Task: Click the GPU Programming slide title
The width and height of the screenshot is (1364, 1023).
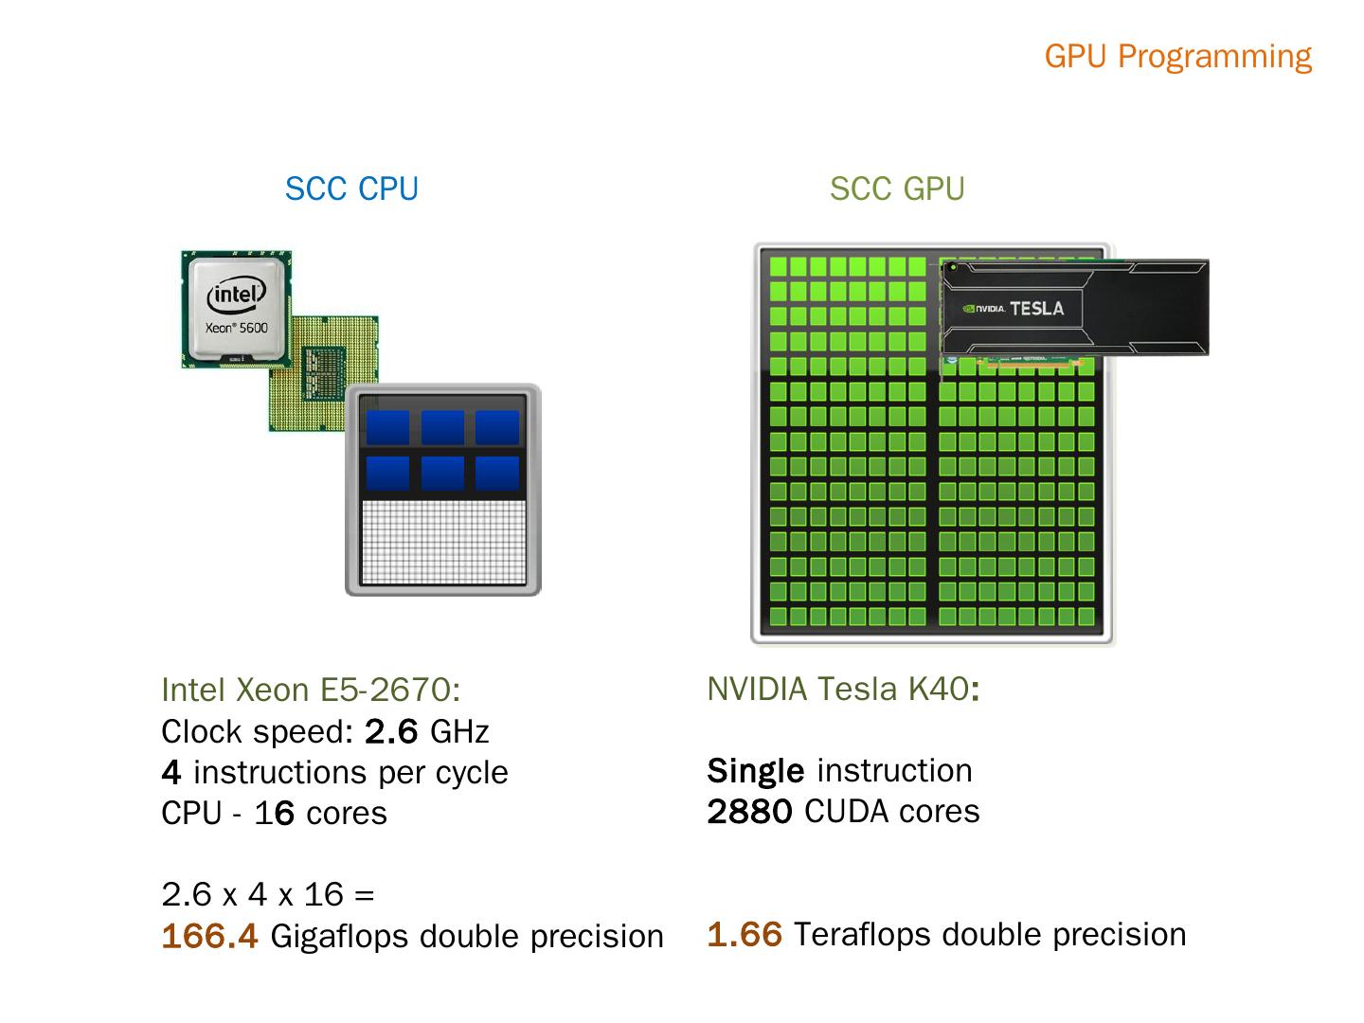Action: tap(1177, 57)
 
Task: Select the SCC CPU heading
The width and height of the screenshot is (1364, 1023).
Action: tap(351, 188)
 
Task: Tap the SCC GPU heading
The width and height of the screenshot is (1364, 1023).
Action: tap(897, 188)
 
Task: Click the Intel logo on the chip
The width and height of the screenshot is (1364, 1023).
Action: tap(236, 294)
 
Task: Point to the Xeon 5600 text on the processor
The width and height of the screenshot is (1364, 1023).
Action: tap(237, 328)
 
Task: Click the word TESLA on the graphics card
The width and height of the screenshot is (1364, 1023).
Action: tap(1036, 308)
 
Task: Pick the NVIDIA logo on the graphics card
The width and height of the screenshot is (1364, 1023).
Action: tap(983, 309)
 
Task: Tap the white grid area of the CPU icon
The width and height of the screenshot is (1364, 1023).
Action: tap(443, 542)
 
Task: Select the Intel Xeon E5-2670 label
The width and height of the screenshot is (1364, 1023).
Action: tap(311, 690)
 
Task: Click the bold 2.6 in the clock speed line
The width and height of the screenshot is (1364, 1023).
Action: tap(391, 731)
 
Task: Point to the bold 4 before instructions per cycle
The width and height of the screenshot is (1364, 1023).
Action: tap(170, 772)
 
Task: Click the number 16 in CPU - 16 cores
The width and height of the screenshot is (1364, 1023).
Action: tap(274, 813)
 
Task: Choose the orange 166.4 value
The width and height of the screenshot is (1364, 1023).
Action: tap(209, 936)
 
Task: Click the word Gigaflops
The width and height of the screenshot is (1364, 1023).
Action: tap(339, 937)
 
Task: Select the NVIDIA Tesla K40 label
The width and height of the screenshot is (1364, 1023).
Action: tap(843, 689)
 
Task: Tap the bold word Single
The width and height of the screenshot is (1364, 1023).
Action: tap(756, 771)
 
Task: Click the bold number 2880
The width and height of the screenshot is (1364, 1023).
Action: tap(749, 811)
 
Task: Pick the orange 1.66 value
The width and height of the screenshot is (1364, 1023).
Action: tap(745, 934)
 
